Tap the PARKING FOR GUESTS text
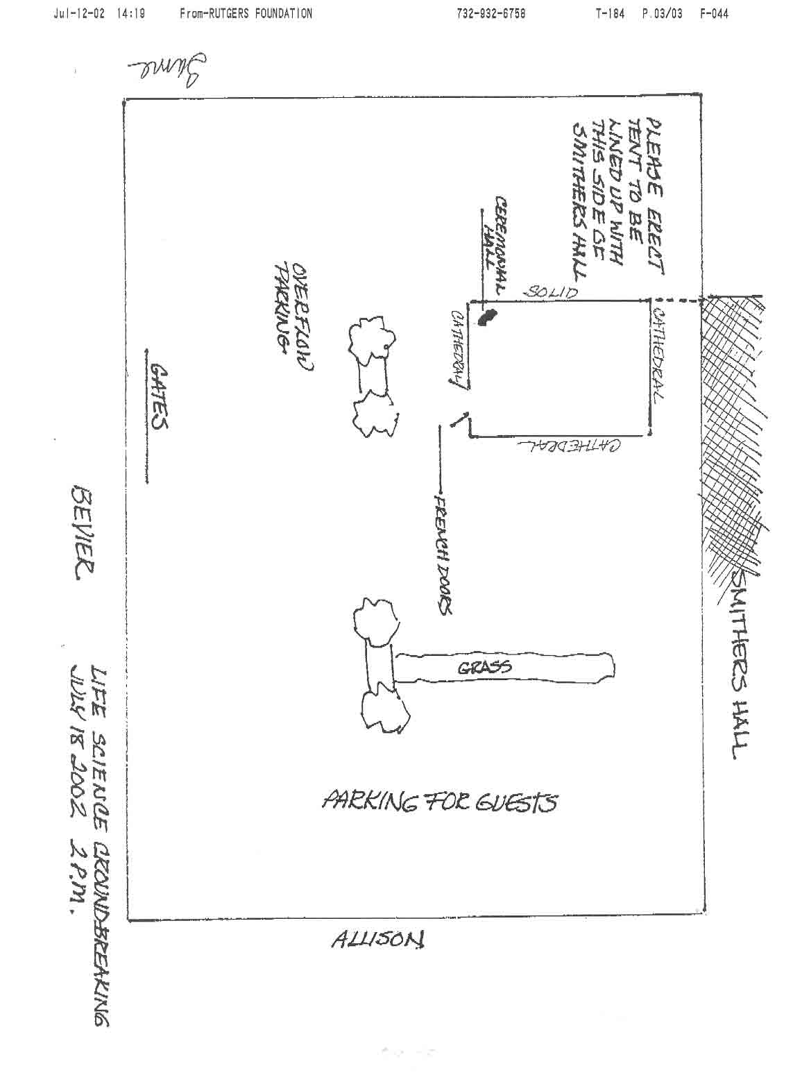click(439, 803)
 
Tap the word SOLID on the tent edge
click(550, 291)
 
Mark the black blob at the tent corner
click(487, 317)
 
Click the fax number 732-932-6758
click(491, 13)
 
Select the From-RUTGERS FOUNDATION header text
click(246, 13)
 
